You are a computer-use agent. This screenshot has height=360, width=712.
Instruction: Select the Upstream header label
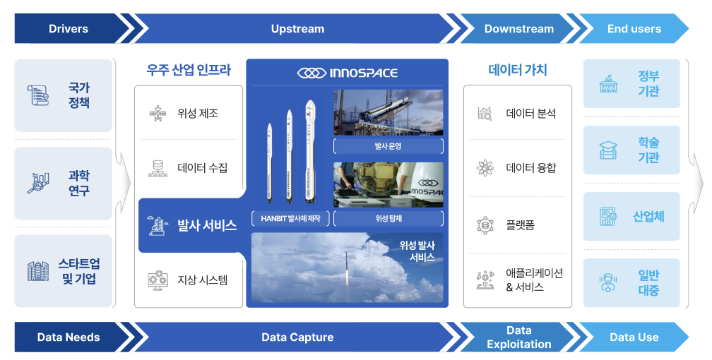pyautogui.click(x=297, y=29)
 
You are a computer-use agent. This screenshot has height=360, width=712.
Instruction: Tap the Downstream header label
pyautogui.click(x=519, y=29)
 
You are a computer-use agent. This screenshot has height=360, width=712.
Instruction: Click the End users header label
pyautogui.click(x=634, y=29)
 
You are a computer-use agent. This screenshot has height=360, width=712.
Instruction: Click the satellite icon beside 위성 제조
pyautogui.click(x=158, y=114)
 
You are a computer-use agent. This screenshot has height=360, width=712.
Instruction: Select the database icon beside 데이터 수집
pyautogui.click(x=158, y=169)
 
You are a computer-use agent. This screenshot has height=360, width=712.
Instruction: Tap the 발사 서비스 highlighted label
pyautogui.click(x=206, y=226)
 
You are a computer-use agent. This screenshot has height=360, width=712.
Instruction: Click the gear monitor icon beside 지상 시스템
pyautogui.click(x=158, y=280)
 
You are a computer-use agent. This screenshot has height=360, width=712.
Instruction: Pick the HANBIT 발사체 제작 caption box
pyautogui.click(x=290, y=218)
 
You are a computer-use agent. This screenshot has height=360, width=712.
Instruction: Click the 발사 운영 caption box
pyautogui.click(x=388, y=146)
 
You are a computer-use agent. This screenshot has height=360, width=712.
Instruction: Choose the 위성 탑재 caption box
pyautogui.click(x=388, y=218)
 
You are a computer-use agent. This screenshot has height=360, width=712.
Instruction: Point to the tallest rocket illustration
pyautogui.click(x=310, y=151)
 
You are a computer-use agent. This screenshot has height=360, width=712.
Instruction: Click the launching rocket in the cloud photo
pyautogui.click(x=348, y=268)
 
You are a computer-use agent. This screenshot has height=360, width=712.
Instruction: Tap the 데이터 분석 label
pyautogui.click(x=531, y=114)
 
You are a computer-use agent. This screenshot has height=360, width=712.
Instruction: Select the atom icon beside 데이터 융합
pyautogui.click(x=485, y=169)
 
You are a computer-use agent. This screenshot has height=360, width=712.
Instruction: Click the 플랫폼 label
pyautogui.click(x=521, y=225)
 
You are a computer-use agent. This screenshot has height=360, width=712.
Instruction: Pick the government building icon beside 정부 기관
pyautogui.click(x=608, y=84)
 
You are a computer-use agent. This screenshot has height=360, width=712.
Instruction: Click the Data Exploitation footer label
pyautogui.click(x=519, y=337)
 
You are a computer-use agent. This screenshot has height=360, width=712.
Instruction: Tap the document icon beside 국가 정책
pyautogui.click(x=38, y=95)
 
